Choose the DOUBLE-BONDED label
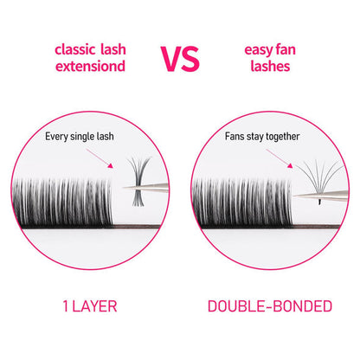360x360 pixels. point(268,306)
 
